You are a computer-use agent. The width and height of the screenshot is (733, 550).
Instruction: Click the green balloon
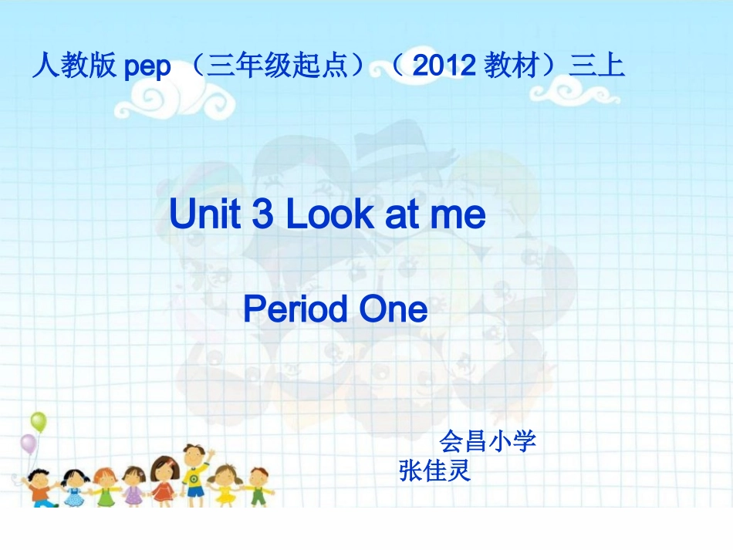coord(39,421)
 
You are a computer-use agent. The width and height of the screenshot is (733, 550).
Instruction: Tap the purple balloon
coord(29,444)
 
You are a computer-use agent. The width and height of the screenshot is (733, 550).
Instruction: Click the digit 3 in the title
coord(262,215)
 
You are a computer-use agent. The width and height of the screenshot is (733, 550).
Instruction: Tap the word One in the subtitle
coord(393,309)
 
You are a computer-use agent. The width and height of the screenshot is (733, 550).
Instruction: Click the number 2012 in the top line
coord(444,67)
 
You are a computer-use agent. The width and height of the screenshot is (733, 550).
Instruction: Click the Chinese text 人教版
coord(74,67)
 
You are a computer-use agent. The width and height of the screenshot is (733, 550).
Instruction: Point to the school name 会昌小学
coord(488,441)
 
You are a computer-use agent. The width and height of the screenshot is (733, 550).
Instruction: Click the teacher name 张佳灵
coord(435,470)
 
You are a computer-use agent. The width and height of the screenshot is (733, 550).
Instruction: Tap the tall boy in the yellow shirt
coord(194,471)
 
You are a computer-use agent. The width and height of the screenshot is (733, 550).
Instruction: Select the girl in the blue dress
coord(74,488)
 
